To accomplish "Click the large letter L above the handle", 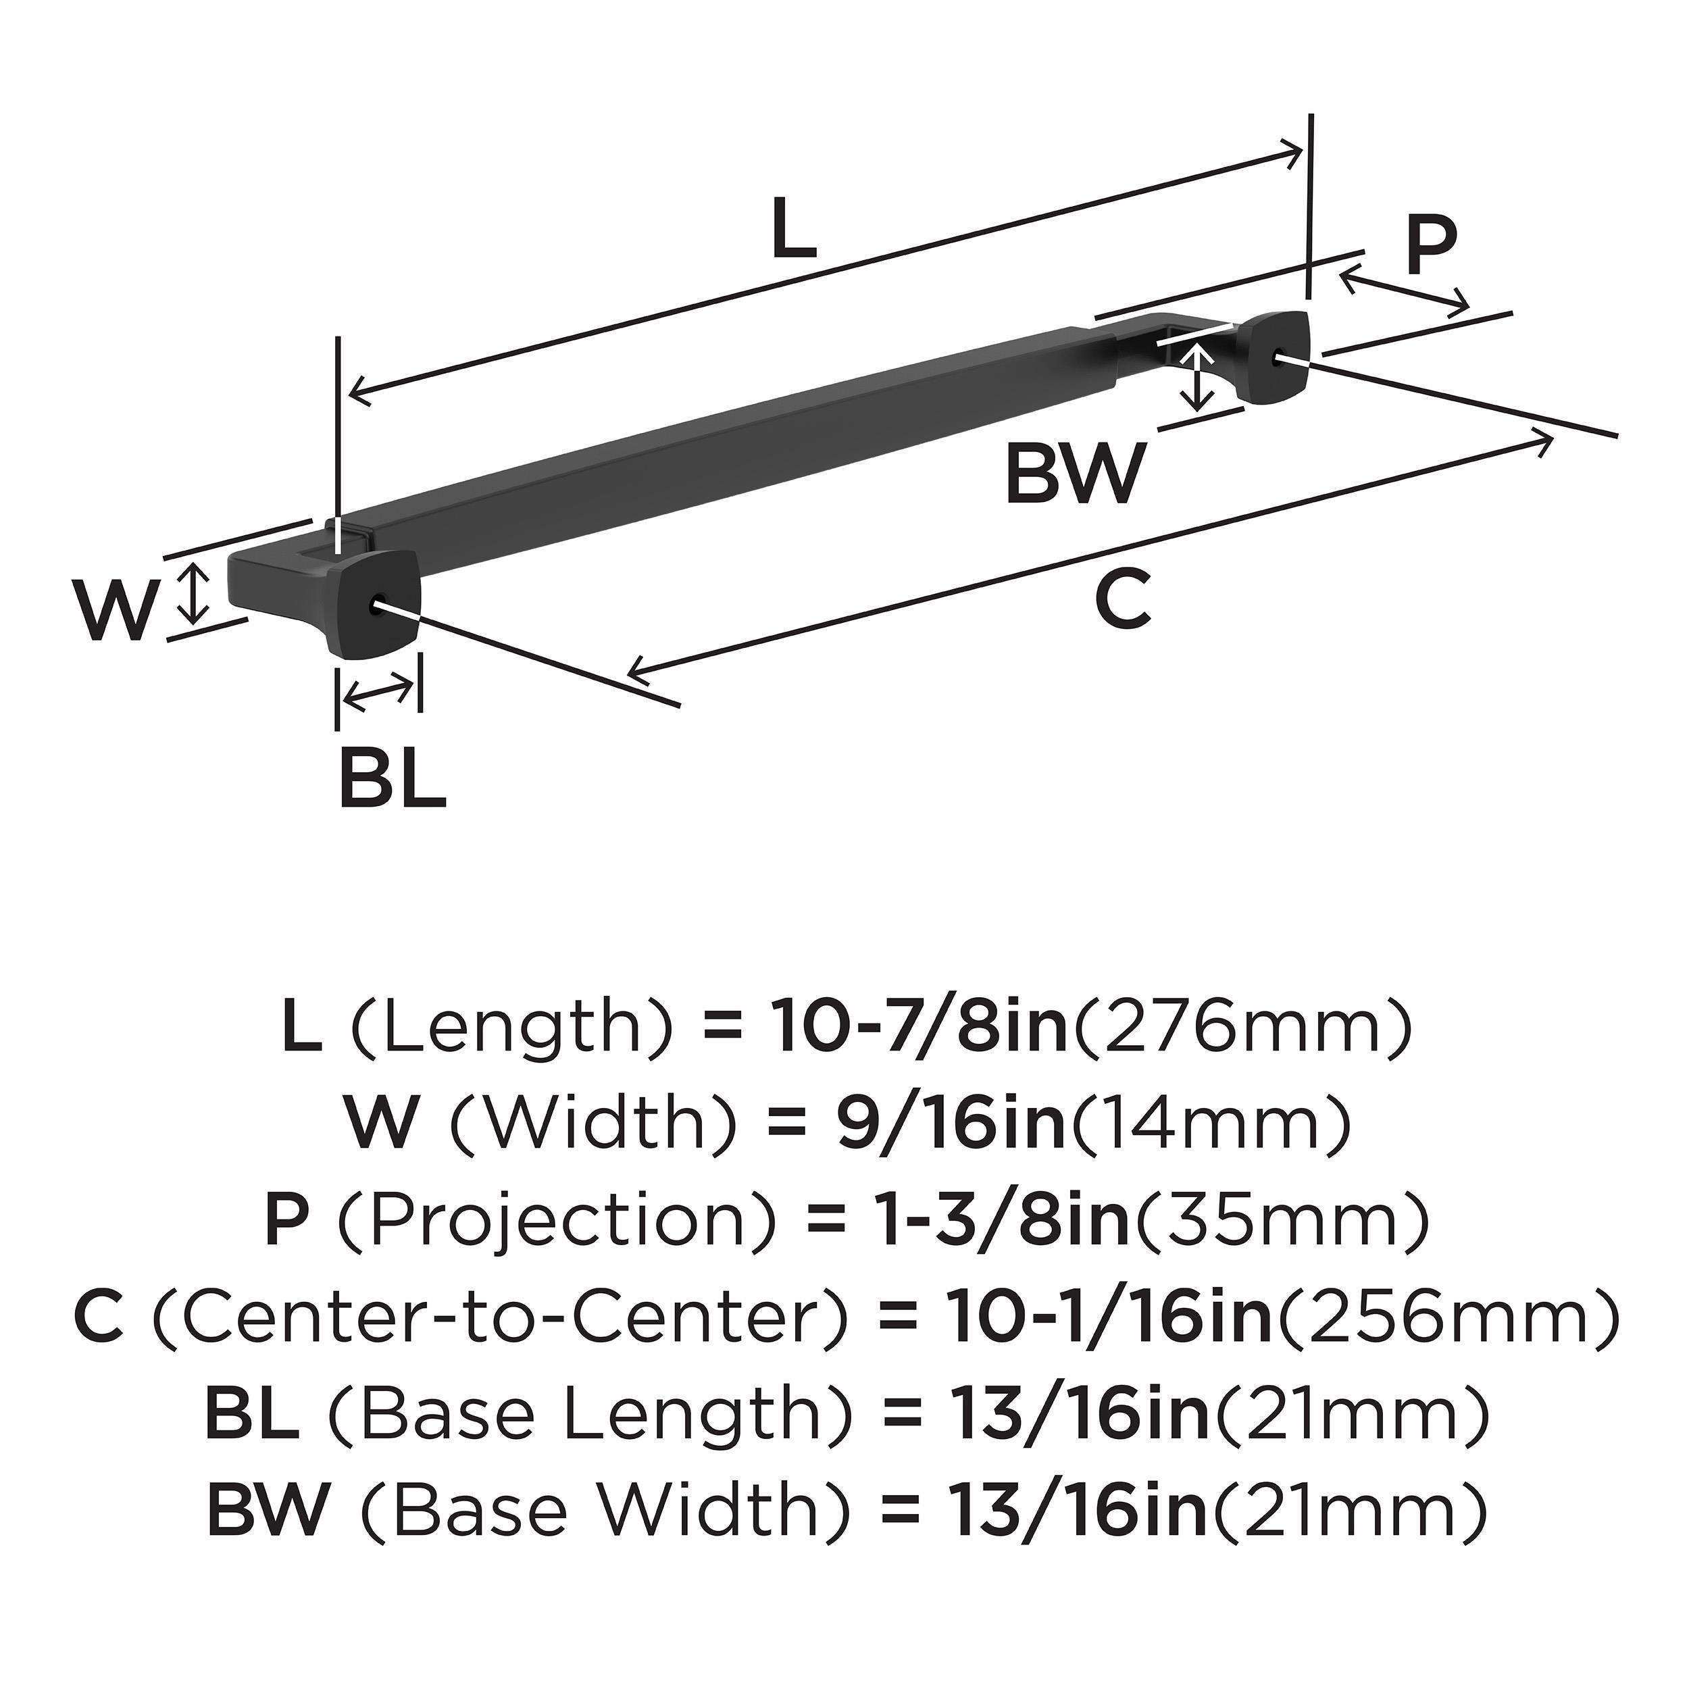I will coord(794,229).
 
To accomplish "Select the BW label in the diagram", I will coord(1074,473).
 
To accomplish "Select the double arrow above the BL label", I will coord(378,692).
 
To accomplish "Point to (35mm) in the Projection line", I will coord(1282,1222).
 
